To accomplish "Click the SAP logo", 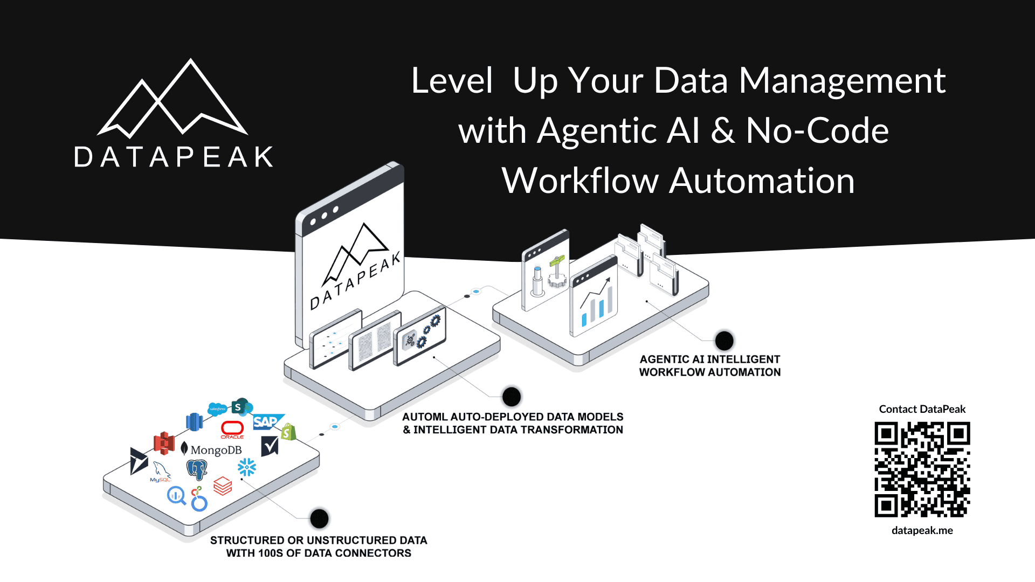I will coord(266,421).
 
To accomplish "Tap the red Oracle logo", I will coord(232,429).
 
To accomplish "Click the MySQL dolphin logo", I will coord(161,471).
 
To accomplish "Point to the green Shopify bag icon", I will coord(288,432).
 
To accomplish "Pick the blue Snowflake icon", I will coord(247,467).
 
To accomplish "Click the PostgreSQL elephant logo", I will coord(197,469).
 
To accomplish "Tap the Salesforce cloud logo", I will coord(217,409).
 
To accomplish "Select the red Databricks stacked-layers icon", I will coord(223,486).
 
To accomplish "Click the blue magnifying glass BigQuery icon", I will coord(176,495).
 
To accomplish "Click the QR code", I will coord(922,469).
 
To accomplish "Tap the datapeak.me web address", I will coord(922,530).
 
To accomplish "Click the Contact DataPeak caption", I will coord(922,409).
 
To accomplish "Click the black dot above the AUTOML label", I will coord(512,397).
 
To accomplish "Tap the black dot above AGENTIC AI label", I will coord(724,340).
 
